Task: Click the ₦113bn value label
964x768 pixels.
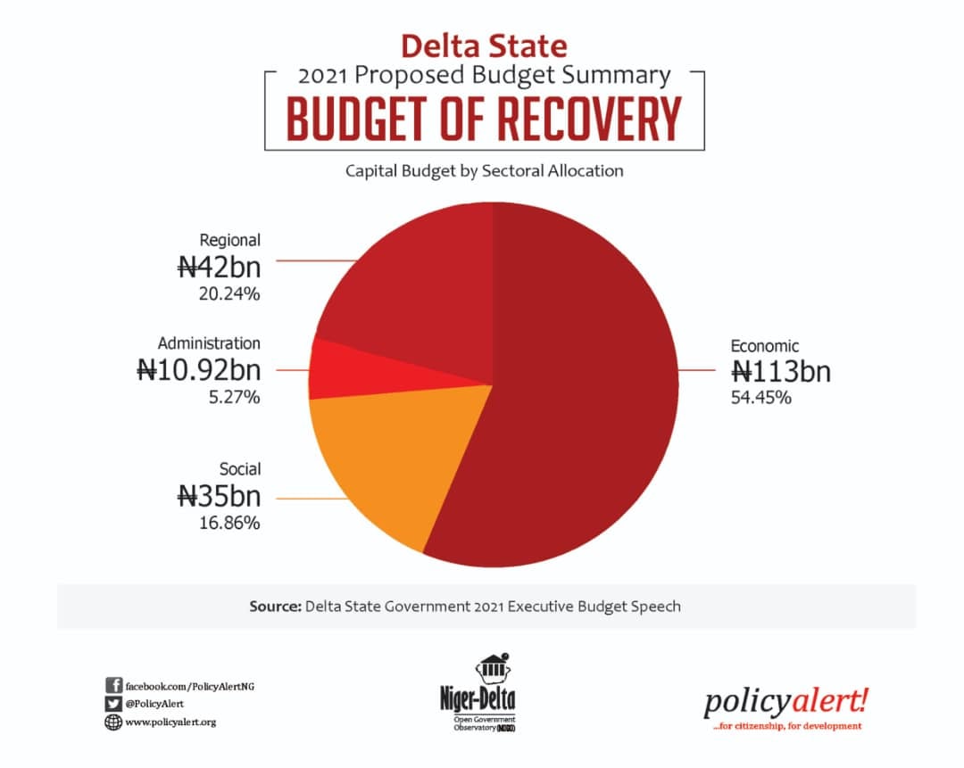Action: (x=781, y=370)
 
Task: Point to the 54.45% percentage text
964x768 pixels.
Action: (x=760, y=397)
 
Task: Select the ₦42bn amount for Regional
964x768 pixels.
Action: (x=219, y=266)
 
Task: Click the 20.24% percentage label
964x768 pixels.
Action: (x=229, y=293)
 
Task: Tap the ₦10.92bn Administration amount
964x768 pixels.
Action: (x=198, y=369)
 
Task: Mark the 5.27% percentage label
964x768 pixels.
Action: (x=234, y=397)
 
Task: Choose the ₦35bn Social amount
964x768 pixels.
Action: (x=219, y=495)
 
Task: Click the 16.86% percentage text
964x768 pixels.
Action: (x=229, y=523)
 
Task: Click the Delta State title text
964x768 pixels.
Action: (x=484, y=45)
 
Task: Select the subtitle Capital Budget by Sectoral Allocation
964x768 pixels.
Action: (x=484, y=170)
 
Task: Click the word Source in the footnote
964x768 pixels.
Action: (x=274, y=607)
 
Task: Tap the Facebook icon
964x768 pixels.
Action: (x=113, y=685)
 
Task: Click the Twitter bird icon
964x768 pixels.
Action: (x=113, y=704)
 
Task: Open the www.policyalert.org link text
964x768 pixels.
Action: (x=170, y=722)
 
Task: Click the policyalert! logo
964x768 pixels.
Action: (x=785, y=703)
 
